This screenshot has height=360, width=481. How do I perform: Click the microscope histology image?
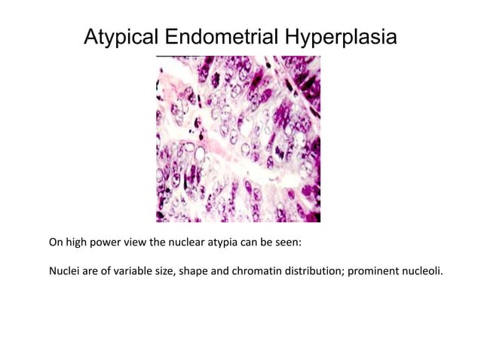pyautogui.click(x=237, y=139)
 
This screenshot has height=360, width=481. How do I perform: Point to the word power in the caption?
pyautogui.click(x=105, y=243)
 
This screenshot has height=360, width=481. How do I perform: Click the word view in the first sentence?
pyautogui.click(x=135, y=243)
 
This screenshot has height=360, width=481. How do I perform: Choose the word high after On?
pyautogui.click(x=75, y=243)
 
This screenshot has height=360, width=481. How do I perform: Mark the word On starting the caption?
pyautogui.click(x=56, y=243)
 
